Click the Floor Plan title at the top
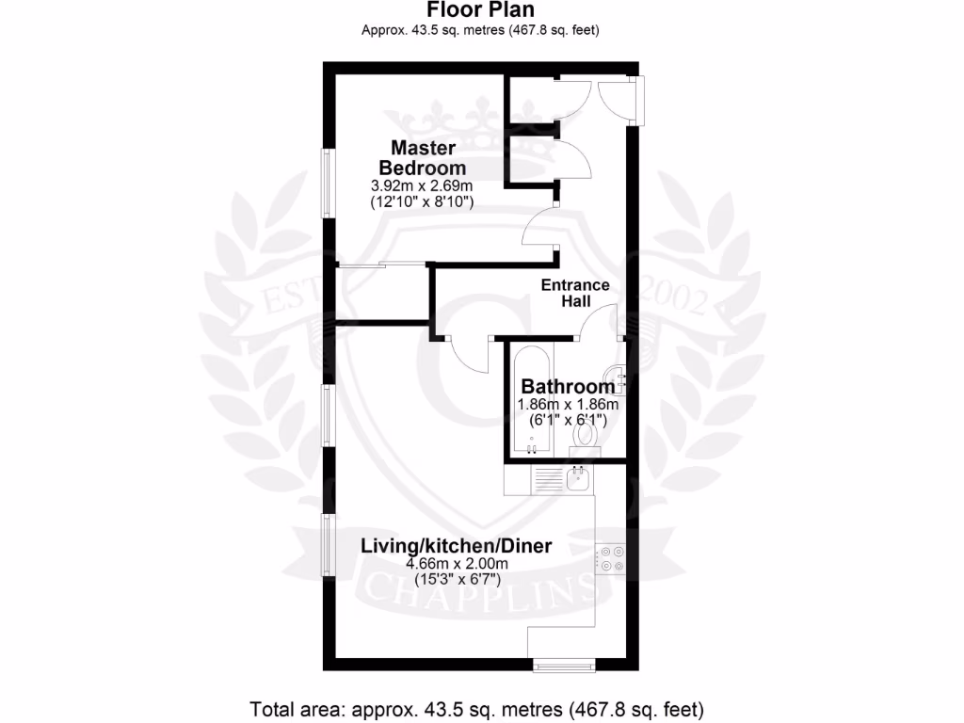click(x=481, y=10)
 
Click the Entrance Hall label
click(x=575, y=293)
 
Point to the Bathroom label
click(x=568, y=386)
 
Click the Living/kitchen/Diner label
click(x=457, y=546)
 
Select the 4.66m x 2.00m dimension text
click(x=457, y=564)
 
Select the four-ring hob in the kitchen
click(x=611, y=558)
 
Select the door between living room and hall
click(x=468, y=355)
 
